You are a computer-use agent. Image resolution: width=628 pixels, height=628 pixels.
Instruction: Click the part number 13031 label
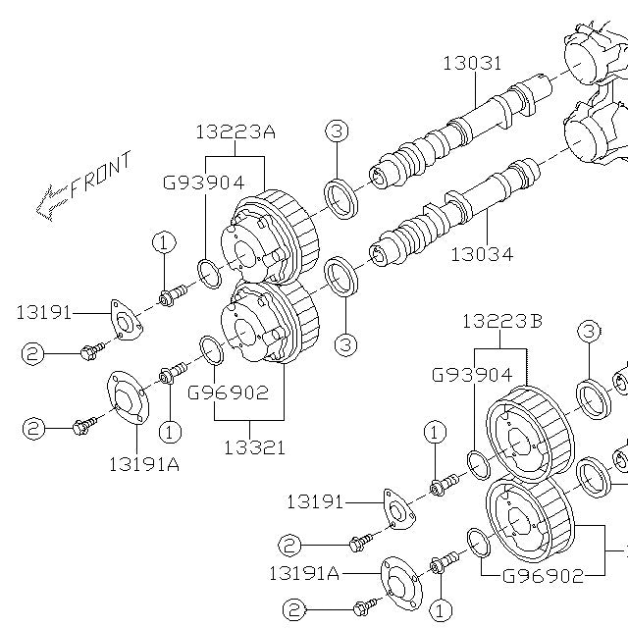[472, 64]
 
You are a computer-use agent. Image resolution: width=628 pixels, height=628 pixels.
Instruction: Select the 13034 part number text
[482, 254]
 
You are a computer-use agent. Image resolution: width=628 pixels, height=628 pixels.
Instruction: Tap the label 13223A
[235, 131]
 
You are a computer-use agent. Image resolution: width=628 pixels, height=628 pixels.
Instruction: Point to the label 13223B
[501, 322]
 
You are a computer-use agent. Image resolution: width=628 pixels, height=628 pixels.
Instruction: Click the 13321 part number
[254, 447]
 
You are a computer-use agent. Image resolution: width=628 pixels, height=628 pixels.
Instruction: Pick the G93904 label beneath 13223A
[203, 182]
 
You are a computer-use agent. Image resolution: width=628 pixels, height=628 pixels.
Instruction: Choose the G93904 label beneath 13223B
[472, 374]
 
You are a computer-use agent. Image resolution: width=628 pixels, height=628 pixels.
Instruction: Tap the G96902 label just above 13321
[228, 392]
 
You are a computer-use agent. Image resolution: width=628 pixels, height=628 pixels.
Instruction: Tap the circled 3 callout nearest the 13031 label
[337, 131]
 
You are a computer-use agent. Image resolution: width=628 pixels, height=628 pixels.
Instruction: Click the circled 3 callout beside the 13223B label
[588, 331]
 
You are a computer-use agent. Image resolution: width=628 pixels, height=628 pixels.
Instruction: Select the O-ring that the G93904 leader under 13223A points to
[209, 273]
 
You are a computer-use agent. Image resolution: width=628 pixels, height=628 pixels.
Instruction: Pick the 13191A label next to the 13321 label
[144, 464]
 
